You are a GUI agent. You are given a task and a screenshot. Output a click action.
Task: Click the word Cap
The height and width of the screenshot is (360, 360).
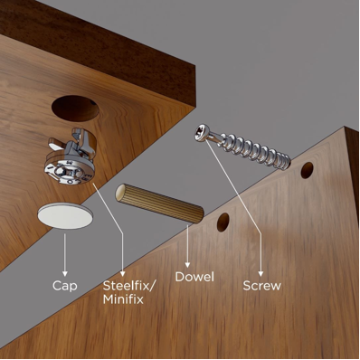point(65,286)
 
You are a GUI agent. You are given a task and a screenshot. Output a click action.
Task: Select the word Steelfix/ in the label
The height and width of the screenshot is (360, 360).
point(129,286)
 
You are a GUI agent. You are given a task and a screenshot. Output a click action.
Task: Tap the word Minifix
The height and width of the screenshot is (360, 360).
point(123,299)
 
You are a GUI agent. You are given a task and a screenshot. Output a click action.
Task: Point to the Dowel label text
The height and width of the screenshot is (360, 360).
point(194,277)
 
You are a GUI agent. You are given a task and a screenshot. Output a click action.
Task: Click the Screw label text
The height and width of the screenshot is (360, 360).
point(262,286)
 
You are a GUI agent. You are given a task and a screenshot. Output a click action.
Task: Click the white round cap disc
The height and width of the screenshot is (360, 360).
point(65,216)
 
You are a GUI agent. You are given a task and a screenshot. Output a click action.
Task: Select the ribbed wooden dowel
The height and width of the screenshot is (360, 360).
point(160,204)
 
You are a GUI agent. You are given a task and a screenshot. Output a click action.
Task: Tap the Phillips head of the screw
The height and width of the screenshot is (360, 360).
point(201,133)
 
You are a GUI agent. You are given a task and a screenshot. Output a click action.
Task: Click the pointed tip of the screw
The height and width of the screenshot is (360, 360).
point(289,164)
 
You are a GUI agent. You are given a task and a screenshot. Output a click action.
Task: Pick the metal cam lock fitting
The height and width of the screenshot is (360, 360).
point(71,156)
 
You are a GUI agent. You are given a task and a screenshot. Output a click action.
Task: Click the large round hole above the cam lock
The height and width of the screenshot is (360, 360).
point(75,109)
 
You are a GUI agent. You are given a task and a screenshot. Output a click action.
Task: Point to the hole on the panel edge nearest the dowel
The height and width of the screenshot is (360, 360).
point(223,223)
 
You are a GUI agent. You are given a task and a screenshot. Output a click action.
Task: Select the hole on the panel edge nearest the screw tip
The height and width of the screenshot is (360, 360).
point(307,170)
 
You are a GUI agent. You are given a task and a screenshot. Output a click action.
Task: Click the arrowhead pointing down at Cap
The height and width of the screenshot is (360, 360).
point(64,273)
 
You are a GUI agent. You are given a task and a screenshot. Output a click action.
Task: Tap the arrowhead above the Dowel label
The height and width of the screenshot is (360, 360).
point(187,265)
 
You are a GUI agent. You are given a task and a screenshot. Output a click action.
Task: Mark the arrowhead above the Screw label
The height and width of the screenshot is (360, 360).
point(261,273)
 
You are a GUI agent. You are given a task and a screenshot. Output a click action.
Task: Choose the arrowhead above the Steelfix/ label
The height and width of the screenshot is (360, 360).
point(122,273)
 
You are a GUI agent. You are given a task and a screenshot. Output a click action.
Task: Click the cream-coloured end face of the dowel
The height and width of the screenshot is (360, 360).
point(120,193)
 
